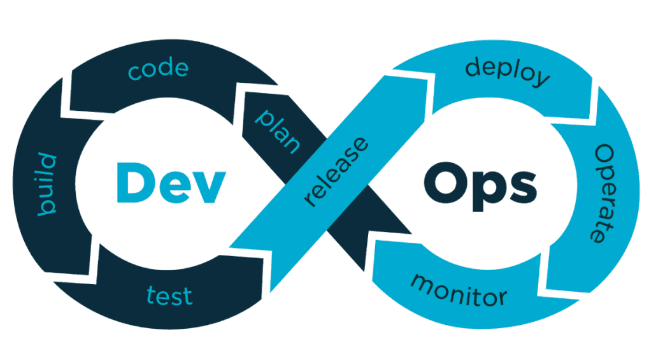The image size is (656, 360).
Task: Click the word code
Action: coord(158,69)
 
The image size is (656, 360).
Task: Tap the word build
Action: coord(48,184)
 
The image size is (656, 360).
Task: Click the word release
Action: coord(337,170)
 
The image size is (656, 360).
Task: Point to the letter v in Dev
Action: coord(212,184)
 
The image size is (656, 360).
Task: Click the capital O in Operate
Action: coord(603,154)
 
